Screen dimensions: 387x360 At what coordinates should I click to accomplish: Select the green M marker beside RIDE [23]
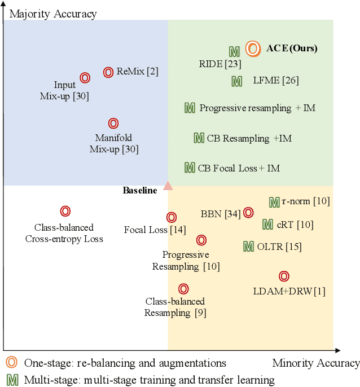point(234,51)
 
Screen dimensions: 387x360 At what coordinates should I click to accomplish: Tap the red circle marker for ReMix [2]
point(108,72)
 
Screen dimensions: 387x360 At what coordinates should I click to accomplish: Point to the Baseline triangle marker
point(168,185)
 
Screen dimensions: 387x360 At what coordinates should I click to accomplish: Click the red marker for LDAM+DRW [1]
point(284,276)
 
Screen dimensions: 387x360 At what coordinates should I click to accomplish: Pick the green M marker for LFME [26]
point(237,81)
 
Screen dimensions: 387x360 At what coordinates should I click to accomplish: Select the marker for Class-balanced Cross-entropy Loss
point(65,212)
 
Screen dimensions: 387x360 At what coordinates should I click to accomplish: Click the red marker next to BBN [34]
point(248,212)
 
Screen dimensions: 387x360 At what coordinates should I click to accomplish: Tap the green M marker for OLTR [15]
point(248,246)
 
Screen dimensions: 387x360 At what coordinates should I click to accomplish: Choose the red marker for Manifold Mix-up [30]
point(113,123)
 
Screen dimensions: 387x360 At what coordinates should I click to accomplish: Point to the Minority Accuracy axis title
point(315,363)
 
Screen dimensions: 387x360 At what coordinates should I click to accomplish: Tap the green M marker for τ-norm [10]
point(274,202)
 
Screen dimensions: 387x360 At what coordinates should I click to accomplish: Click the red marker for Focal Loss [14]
point(172,217)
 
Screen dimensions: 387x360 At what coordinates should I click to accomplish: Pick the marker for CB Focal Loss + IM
point(190,167)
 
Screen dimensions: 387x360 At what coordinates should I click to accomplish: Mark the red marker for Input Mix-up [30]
point(85,77)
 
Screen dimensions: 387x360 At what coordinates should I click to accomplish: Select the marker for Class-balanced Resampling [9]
point(183,289)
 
